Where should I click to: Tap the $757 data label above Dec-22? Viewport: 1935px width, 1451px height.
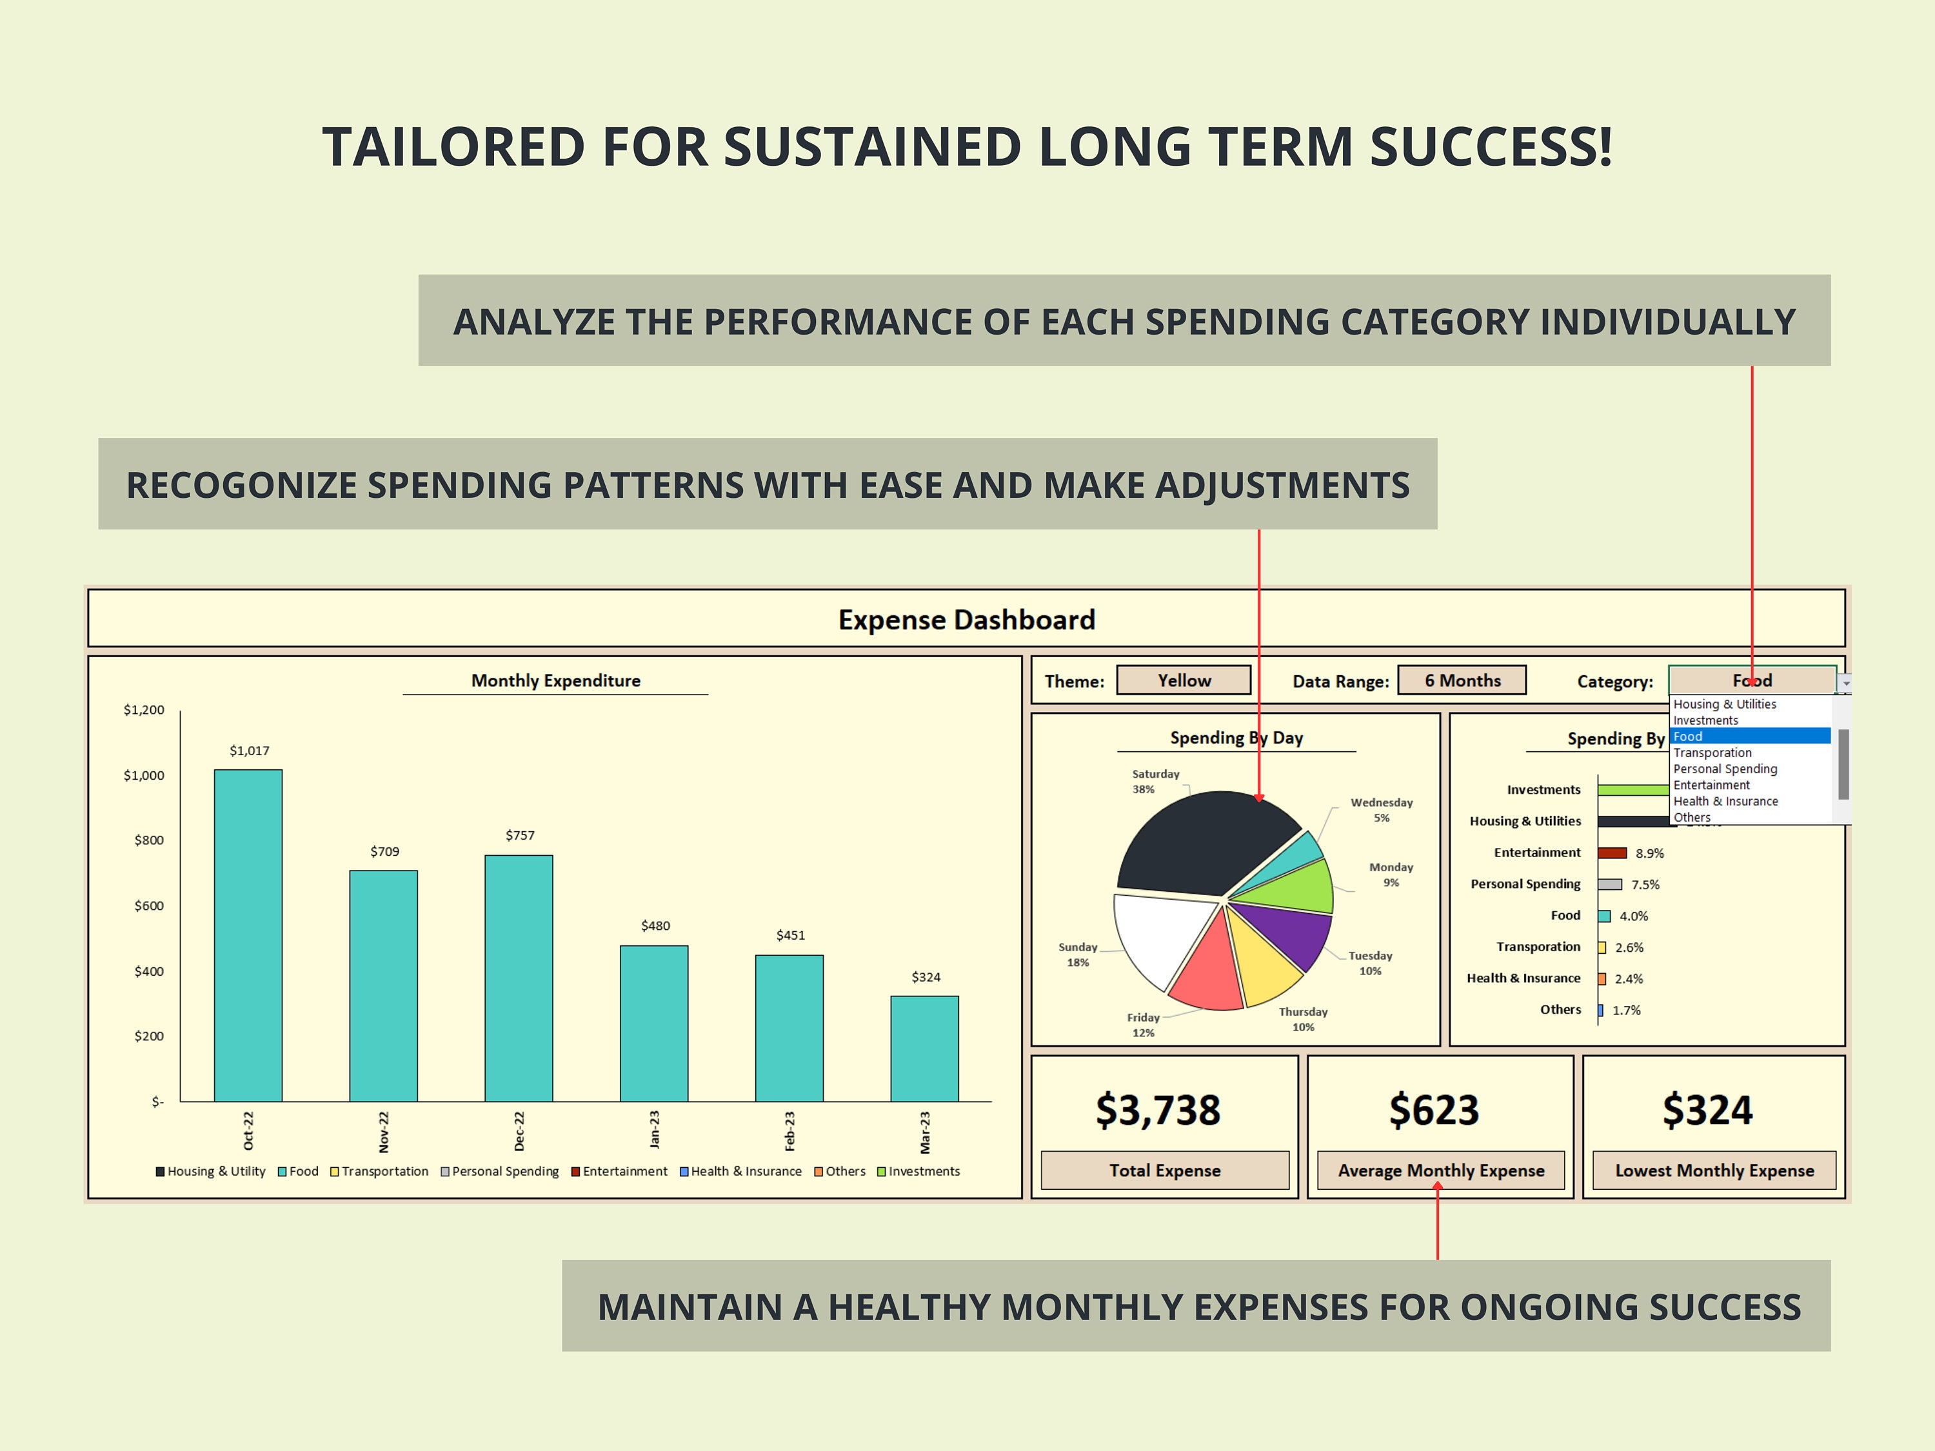pyautogui.click(x=520, y=835)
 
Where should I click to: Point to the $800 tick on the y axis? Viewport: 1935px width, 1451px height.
pyautogui.click(x=149, y=840)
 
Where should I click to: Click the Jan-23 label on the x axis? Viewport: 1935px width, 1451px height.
pyautogui.click(x=654, y=1129)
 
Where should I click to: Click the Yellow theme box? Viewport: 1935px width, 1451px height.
pyautogui.click(x=1184, y=680)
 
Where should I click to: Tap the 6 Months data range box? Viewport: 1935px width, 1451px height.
pyautogui.click(x=1462, y=680)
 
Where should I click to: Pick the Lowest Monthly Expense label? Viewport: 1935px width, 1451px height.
pyautogui.click(x=1714, y=1170)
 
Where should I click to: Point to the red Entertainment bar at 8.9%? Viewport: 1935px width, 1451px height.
pyautogui.click(x=1611, y=853)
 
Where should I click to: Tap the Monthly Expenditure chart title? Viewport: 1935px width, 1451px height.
pyautogui.click(x=555, y=680)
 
